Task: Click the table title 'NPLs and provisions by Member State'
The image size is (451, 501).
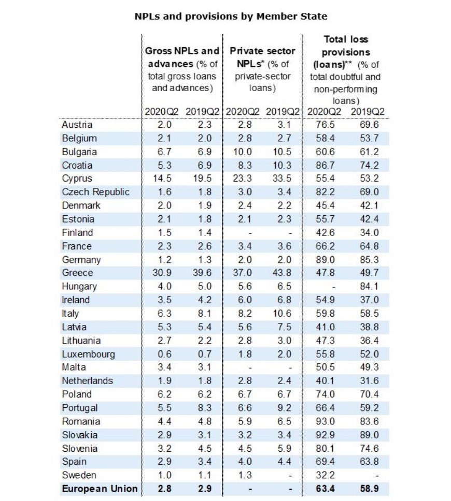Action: pyautogui.click(x=231, y=16)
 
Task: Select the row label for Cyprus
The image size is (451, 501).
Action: pyautogui.click(x=76, y=179)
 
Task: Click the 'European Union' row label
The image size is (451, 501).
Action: pyautogui.click(x=100, y=489)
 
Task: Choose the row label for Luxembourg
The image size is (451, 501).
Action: pyautogui.click(x=88, y=354)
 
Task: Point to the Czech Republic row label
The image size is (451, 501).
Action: pyautogui.click(x=95, y=192)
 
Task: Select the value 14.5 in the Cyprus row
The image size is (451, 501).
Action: pyautogui.click(x=159, y=179)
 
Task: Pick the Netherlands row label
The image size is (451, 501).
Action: pyautogui.click(x=87, y=381)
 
